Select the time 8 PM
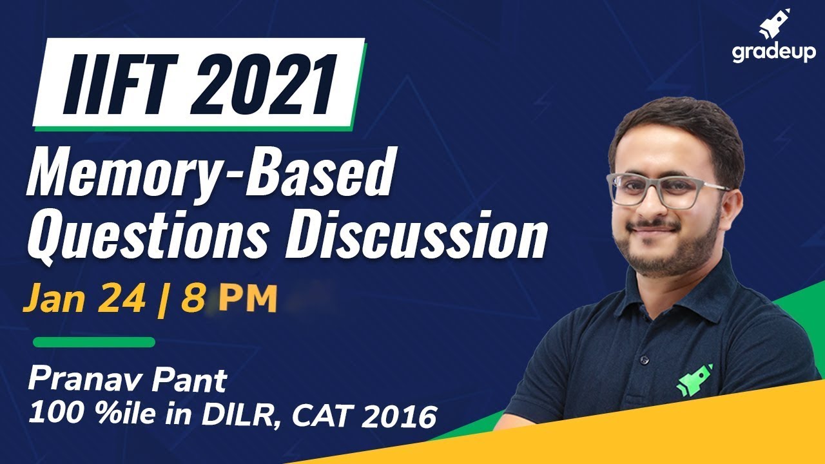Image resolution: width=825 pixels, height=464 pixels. click(x=229, y=300)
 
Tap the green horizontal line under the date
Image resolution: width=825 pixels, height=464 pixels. click(x=94, y=342)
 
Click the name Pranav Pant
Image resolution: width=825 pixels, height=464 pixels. click(x=127, y=380)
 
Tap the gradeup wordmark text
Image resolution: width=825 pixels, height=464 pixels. click(x=773, y=53)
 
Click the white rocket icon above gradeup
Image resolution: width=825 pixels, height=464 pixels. click(x=775, y=24)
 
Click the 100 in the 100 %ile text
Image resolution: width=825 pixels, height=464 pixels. click(x=51, y=417)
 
